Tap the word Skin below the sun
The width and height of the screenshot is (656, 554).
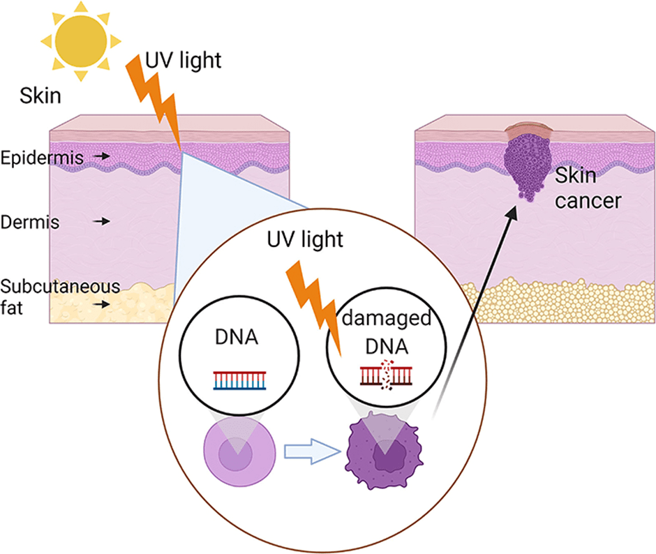40,96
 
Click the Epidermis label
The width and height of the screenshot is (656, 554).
42,158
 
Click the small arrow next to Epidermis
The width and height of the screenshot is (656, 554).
103,158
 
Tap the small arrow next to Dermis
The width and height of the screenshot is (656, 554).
103,221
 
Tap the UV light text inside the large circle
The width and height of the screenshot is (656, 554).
306,240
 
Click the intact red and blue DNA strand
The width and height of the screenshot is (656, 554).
241,380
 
